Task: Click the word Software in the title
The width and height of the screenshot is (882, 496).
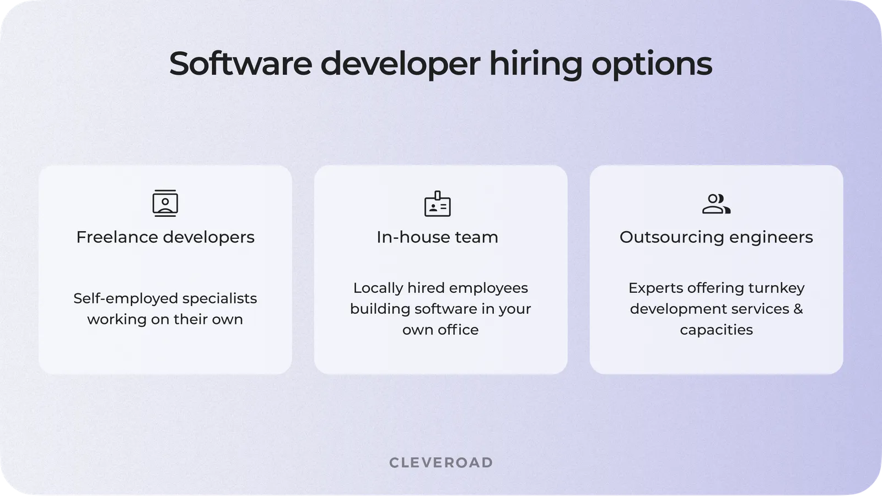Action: coord(240,63)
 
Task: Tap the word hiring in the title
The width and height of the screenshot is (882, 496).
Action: coord(535,63)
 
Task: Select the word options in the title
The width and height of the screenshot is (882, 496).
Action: coord(652,64)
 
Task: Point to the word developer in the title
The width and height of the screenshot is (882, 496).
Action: coord(400,64)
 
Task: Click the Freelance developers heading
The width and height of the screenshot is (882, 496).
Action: coord(165,237)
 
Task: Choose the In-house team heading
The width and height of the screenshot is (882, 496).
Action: coord(437,237)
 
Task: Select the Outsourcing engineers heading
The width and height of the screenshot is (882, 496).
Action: coord(716,237)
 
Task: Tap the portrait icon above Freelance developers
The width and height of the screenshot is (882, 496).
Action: coord(165,203)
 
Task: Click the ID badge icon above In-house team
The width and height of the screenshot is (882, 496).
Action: coord(438,204)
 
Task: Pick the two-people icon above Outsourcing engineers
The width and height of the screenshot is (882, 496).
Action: coord(716,204)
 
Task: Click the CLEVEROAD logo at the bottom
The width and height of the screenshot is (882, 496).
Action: coord(441,462)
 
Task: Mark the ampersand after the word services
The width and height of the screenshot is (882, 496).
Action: coord(798,309)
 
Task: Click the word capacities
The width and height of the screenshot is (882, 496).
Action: coord(716,330)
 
